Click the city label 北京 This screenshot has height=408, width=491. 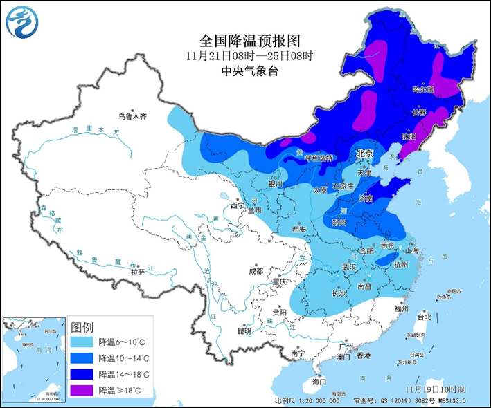coord(364,153)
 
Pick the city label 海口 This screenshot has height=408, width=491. coord(319,382)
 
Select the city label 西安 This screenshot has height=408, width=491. coord(298,229)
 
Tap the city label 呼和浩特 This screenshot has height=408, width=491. coord(319,158)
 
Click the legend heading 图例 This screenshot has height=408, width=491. coord(82,326)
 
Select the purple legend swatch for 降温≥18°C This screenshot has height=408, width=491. coord(83,391)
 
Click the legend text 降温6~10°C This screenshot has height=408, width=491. coord(121,342)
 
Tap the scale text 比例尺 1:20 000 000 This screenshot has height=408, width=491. coord(307,400)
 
